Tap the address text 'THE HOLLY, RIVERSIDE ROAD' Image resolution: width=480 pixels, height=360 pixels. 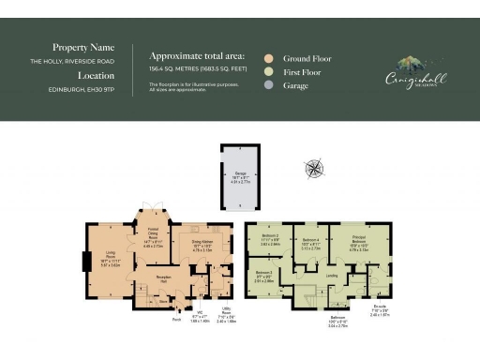[73, 61]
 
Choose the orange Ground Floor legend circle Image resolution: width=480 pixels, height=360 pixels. [270, 58]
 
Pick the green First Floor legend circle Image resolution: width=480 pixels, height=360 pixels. [270, 71]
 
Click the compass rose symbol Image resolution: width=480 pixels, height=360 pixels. [314, 169]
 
